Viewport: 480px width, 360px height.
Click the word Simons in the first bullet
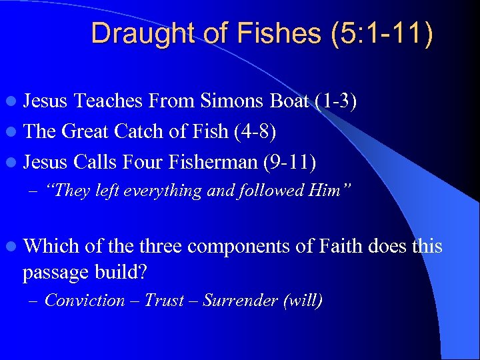click(x=234, y=101)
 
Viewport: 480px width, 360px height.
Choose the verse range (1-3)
click(x=337, y=101)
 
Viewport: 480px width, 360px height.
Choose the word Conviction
click(x=85, y=301)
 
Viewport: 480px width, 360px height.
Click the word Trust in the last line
click(x=164, y=301)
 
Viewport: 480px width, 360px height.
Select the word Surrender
click(x=240, y=301)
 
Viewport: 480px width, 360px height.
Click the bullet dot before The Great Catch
click(x=13, y=132)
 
